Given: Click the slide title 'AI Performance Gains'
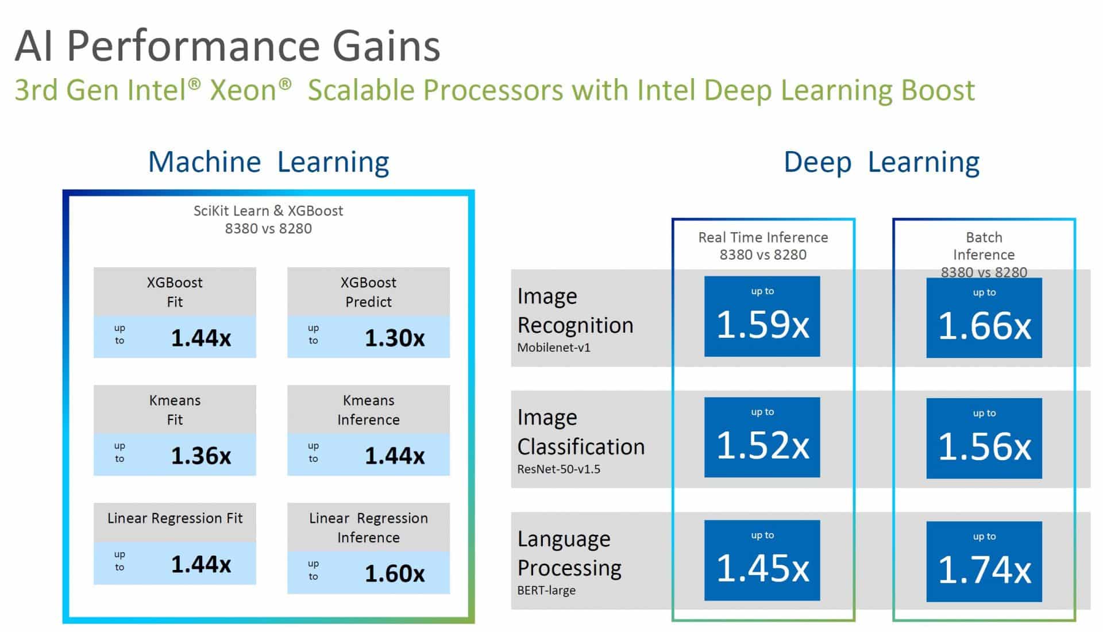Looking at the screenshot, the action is (227, 46).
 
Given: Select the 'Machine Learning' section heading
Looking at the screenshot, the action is (268, 162).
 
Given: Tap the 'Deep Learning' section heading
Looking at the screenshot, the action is (881, 163).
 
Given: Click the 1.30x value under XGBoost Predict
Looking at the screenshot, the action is (395, 338).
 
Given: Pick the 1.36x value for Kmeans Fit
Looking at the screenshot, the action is (201, 456).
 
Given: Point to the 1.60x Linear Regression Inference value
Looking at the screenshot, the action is (395, 573).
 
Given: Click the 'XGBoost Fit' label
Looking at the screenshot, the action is (175, 292).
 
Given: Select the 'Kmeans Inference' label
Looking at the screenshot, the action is (368, 410).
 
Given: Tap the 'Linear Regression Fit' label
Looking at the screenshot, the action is (175, 518).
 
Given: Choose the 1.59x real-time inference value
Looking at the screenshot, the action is (762, 324).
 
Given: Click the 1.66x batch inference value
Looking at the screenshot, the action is (984, 326).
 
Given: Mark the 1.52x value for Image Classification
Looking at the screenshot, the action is (762, 445).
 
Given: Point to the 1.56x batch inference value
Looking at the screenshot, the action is (984, 446).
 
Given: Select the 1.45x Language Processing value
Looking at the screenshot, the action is (762, 568).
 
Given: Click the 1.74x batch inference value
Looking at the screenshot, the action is (984, 570).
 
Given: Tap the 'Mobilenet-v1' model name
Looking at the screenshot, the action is (554, 348).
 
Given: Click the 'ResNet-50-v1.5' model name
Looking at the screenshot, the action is (559, 469).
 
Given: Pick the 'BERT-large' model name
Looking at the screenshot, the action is (546, 590).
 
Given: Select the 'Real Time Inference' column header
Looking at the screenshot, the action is (763, 237).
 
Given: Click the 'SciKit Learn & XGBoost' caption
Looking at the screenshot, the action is (268, 211).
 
